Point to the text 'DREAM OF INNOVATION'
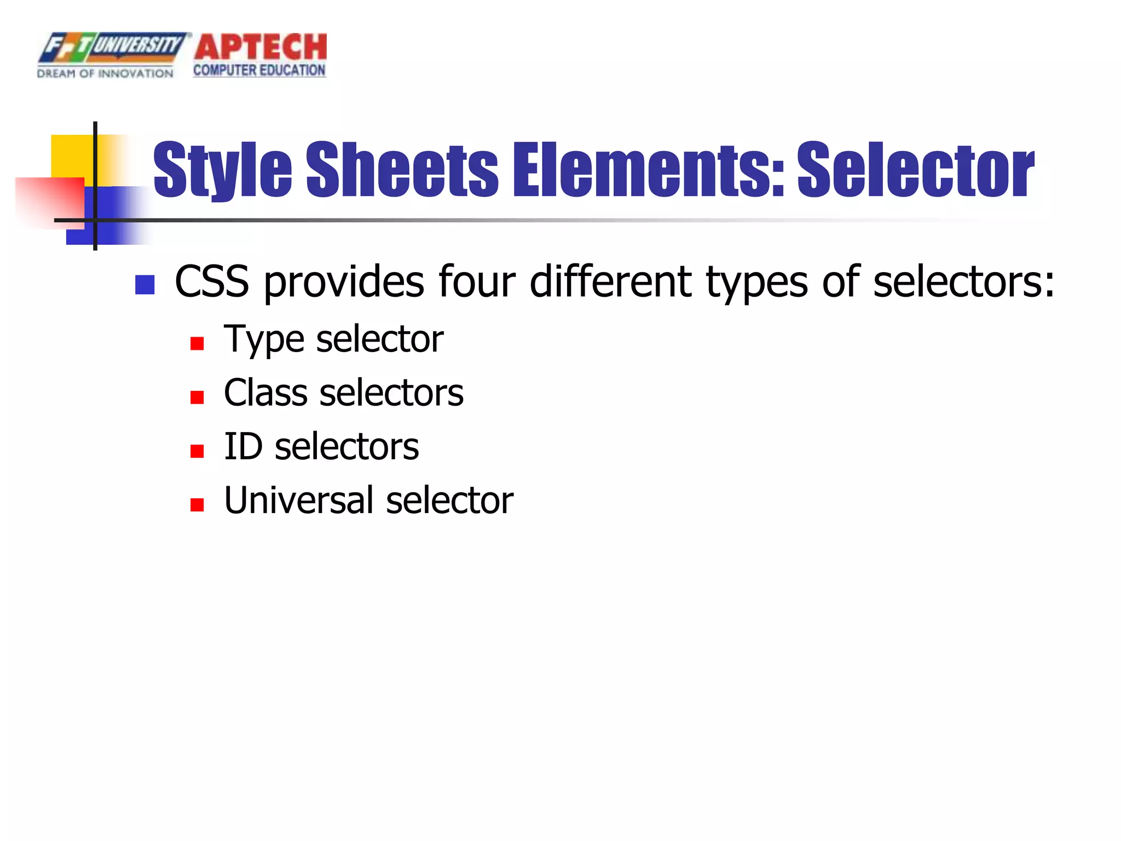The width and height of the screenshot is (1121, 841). (x=105, y=73)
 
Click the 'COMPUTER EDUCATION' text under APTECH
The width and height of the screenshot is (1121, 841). (x=259, y=71)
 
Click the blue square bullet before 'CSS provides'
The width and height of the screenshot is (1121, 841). (x=145, y=285)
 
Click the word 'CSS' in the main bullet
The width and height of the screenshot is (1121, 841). (x=212, y=282)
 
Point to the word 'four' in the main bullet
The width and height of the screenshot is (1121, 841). (x=477, y=282)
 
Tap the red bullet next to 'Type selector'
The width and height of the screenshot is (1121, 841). (x=197, y=344)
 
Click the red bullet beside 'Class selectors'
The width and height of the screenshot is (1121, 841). (x=197, y=398)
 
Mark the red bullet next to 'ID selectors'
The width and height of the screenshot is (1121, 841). (x=197, y=451)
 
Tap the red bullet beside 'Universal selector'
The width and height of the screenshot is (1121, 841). (x=197, y=505)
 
